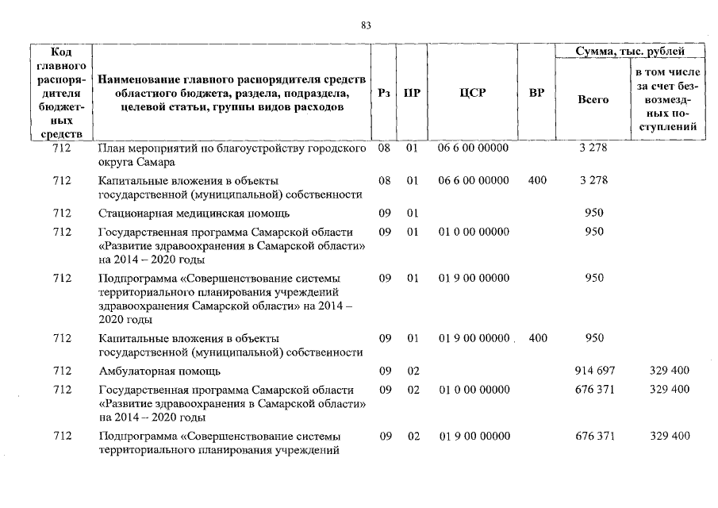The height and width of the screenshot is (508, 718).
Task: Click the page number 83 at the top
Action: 366,25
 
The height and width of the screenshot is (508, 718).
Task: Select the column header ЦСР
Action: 473,93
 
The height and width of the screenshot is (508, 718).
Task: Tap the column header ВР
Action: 536,93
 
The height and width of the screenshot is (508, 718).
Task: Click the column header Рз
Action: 384,93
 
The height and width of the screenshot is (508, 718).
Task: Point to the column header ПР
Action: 412,93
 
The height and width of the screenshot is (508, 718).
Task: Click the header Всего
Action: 593,100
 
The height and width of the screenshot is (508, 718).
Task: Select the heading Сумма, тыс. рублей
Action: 630,52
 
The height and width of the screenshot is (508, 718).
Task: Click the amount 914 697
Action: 593,371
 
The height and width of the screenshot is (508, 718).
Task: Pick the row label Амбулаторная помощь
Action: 159,371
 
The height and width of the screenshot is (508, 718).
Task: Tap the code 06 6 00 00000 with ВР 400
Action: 474,180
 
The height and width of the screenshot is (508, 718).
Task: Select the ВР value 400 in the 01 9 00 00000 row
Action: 537,338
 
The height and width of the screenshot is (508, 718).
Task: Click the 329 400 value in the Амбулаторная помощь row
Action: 670,371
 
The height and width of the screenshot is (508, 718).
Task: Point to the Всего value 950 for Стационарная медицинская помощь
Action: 593,213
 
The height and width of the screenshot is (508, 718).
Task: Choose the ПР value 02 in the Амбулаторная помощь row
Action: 413,371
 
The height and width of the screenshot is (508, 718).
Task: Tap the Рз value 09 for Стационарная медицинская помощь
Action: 385,213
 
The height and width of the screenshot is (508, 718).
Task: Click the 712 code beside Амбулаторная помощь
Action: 61,371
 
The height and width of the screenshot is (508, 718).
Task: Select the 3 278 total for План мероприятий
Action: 593,148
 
